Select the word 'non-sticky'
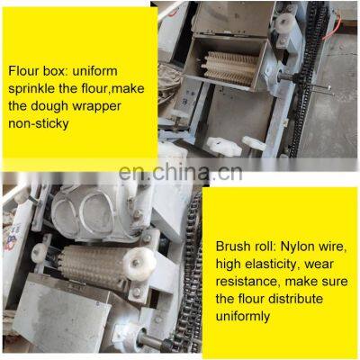(39, 123)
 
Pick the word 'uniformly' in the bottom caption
(243, 317)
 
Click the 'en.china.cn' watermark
(180, 173)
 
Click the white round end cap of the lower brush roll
(139, 265)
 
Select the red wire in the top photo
(332, 29)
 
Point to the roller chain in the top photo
(309, 78)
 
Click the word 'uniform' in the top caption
(94, 71)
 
